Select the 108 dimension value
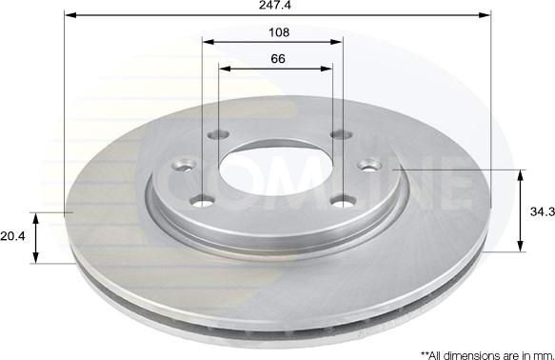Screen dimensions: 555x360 pyautogui.click(x=279, y=32)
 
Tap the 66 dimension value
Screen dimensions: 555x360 pyautogui.click(x=278, y=58)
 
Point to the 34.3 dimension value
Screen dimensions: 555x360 pyautogui.click(x=543, y=211)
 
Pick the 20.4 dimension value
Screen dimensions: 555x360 pyautogui.click(x=12, y=236)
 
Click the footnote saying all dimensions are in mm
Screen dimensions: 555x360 pyautogui.click(x=487, y=355)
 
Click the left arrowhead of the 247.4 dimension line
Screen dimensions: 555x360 pyautogui.click(x=70, y=15)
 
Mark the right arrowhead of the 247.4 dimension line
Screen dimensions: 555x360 pyautogui.click(x=485, y=15)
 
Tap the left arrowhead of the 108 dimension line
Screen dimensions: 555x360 pyautogui.click(x=208, y=42)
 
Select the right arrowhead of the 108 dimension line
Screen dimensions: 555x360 pyautogui.click(x=337, y=42)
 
